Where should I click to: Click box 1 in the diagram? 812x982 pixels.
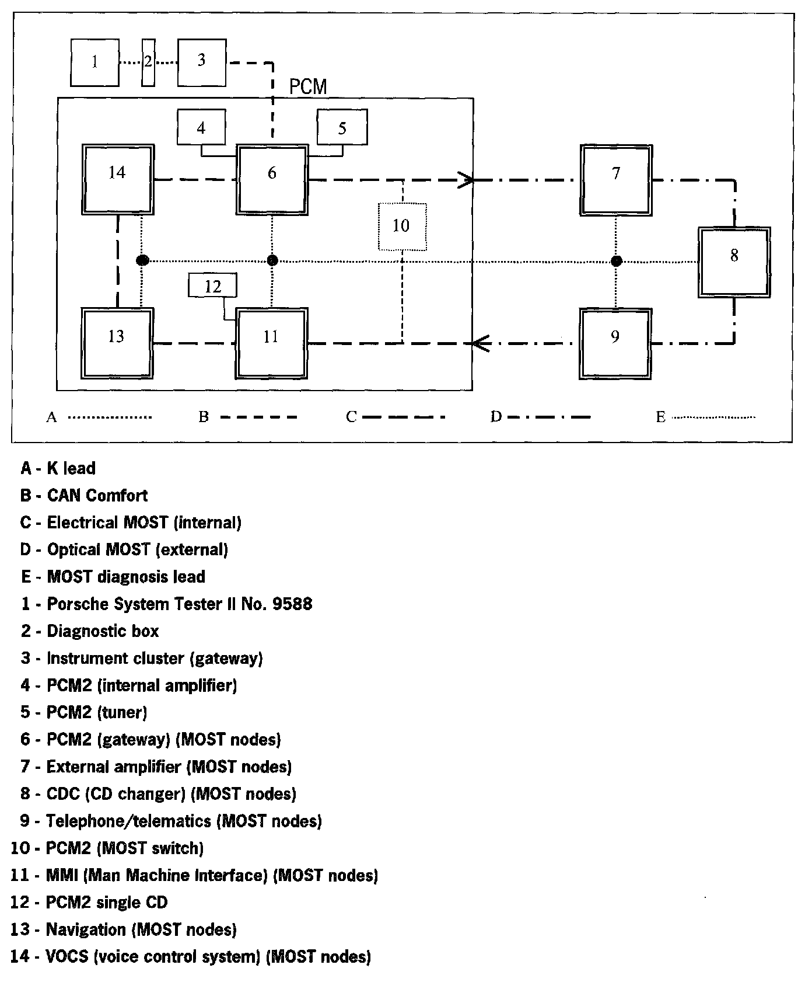(95, 62)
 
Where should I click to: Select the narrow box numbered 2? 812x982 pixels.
(148, 62)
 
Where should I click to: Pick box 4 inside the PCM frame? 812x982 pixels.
(201, 127)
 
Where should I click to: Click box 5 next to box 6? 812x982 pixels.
(342, 127)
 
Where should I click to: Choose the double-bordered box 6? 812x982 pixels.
(272, 180)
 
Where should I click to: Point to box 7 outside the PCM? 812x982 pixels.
(616, 180)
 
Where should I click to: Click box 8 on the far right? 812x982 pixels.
(734, 262)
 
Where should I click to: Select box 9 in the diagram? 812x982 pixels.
(615, 343)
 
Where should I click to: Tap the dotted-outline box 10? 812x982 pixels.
(402, 226)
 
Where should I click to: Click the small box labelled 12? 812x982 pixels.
(213, 286)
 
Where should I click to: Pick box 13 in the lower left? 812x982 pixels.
(117, 343)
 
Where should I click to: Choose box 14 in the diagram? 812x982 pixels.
(117, 179)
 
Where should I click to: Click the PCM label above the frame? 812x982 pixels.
(308, 87)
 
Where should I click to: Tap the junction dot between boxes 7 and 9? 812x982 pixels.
(616, 261)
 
